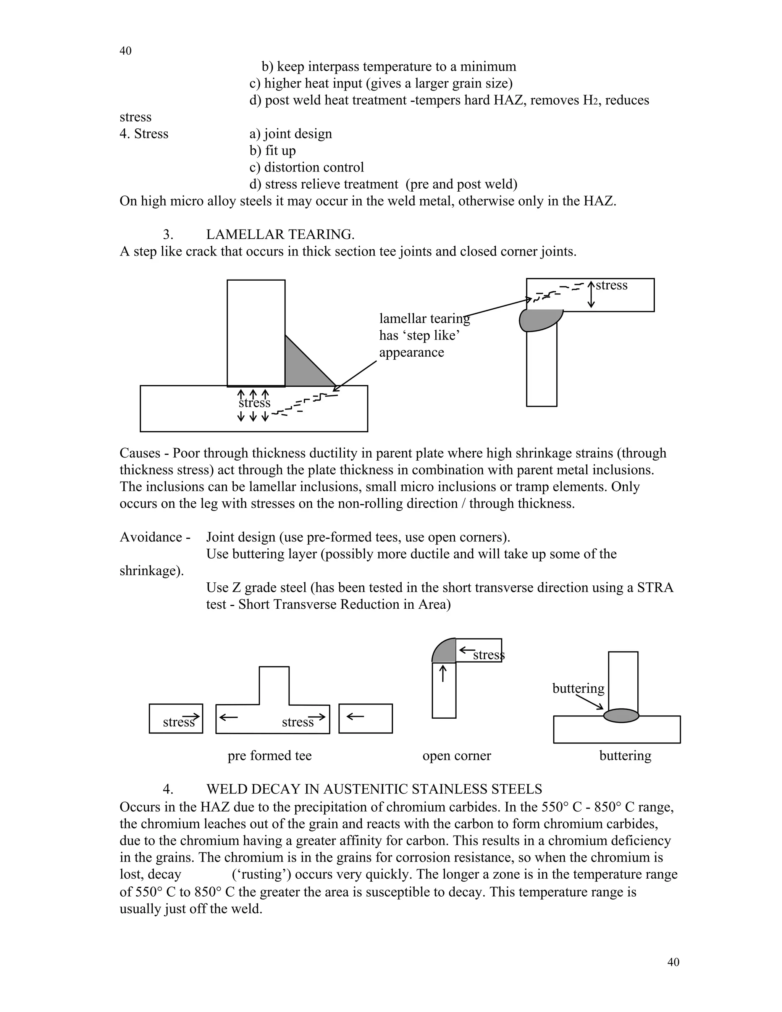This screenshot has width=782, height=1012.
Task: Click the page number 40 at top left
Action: [125, 51]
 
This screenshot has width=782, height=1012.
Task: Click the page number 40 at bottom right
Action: [673, 962]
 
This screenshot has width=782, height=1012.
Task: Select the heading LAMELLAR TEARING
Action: [280, 234]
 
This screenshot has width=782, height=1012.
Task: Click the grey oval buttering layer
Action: [621, 716]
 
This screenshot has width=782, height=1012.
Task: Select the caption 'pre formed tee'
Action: [269, 756]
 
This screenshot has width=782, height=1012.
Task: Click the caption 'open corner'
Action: [456, 756]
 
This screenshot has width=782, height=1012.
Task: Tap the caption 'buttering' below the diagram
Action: [625, 756]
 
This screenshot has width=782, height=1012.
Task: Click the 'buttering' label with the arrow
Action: [578, 689]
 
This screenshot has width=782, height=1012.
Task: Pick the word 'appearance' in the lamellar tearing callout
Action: [411, 352]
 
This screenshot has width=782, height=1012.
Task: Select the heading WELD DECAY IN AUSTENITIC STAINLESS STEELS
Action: [374, 789]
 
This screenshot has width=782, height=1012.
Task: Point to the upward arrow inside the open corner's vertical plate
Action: [443, 673]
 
